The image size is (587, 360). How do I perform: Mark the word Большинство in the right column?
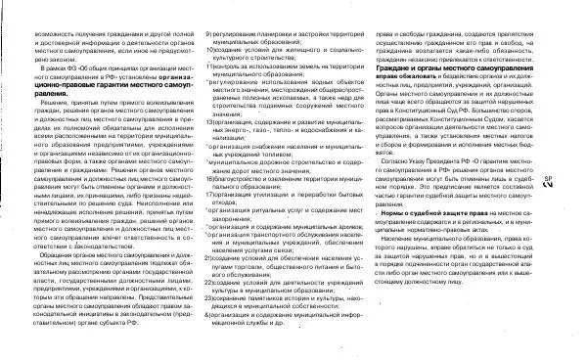tap(509, 109)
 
